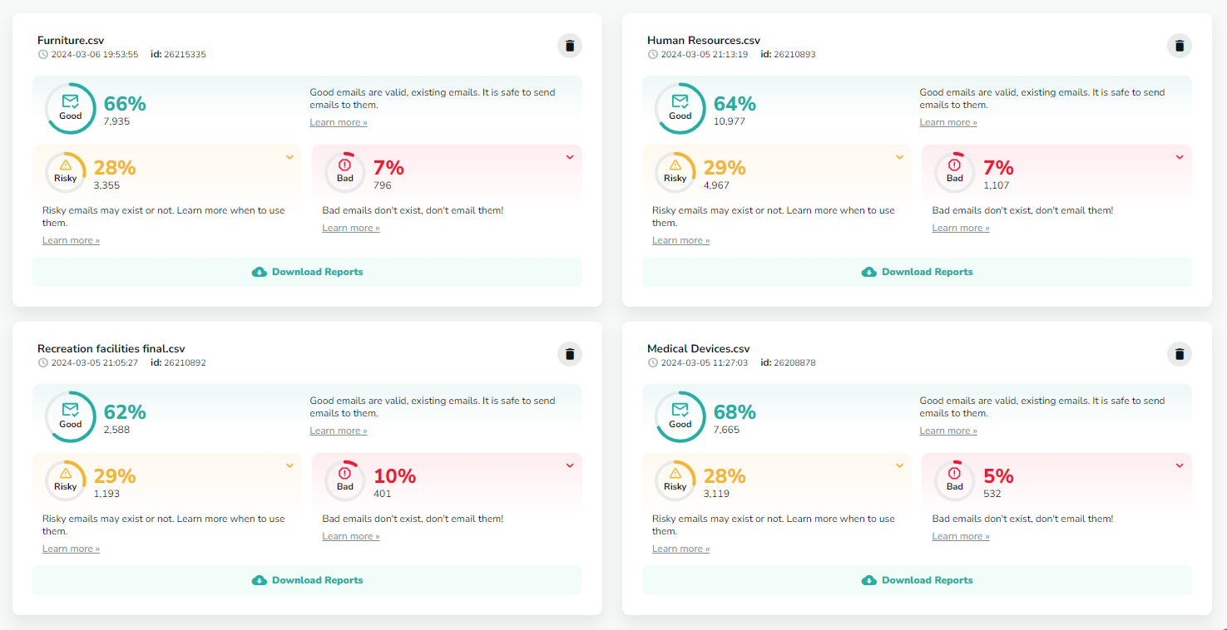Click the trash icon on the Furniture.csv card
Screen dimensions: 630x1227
569,46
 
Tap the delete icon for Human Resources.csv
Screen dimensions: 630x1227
1179,46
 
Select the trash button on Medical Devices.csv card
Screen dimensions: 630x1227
1179,354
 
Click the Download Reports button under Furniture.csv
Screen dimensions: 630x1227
307,272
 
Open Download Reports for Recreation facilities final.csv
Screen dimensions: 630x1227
307,580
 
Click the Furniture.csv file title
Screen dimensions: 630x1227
71,40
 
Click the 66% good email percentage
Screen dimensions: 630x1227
125,104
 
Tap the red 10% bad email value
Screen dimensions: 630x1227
394,476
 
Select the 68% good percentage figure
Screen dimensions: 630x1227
735,412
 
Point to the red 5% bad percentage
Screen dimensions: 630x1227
998,476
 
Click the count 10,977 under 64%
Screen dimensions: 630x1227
730,121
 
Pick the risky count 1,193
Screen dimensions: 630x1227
107,494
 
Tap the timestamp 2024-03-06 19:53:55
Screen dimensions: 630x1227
94,55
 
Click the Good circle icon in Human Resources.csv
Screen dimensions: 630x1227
680,108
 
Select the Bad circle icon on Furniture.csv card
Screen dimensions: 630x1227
344,171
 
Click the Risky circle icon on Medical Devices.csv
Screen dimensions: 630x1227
675,480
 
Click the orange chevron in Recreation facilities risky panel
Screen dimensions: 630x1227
289,465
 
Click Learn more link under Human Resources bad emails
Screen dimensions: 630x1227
961,228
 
